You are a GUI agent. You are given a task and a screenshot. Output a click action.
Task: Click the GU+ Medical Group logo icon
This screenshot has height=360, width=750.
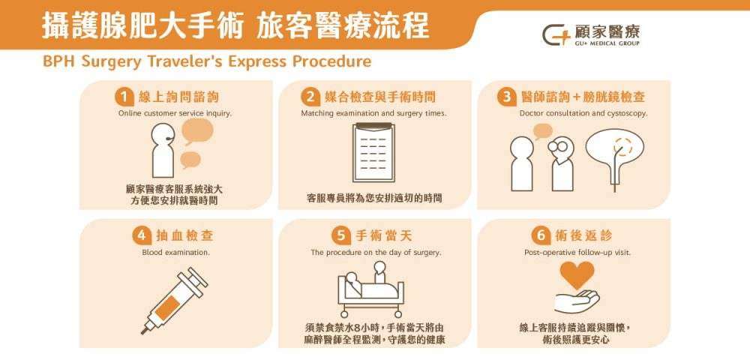(556, 34)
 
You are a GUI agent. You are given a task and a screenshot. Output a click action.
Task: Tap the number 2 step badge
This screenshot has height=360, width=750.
(310, 97)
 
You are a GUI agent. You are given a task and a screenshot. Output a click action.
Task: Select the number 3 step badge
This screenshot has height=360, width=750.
(507, 97)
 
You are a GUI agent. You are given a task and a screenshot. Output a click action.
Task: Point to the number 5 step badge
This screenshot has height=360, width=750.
(341, 235)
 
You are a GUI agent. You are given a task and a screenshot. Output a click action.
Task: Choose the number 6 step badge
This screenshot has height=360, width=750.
(539, 235)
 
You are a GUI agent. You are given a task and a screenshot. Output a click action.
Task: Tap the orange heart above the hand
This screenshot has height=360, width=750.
(577, 275)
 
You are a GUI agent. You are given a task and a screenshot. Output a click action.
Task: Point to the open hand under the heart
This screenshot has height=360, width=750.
(577, 301)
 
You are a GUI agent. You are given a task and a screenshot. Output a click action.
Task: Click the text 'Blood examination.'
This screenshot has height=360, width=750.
(175, 253)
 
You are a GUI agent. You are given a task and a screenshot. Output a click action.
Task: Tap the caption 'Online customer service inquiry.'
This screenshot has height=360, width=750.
(175, 113)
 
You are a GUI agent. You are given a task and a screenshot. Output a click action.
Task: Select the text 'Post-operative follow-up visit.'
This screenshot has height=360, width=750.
(577, 253)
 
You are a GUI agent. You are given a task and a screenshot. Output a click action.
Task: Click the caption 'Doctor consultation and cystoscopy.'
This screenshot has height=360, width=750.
(583, 113)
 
